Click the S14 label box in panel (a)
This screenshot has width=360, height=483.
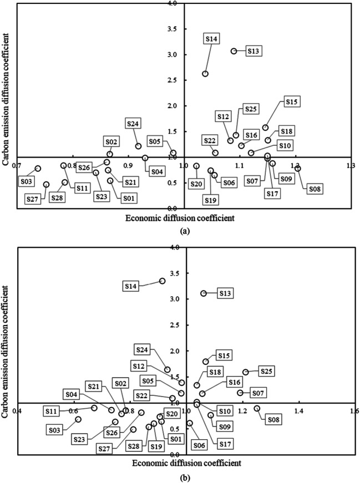click(x=211, y=39)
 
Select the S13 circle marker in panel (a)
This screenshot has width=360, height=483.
click(x=234, y=51)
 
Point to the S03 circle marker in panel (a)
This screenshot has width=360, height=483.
click(x=38, y=169)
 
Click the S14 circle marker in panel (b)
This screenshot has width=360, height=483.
click(x=162, y=281)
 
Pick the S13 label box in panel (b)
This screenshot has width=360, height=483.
click(x=226, y=293)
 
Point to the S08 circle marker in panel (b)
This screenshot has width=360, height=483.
click(x=257, y=409)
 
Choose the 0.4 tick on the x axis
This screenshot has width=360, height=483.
click(x=18, y=411)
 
